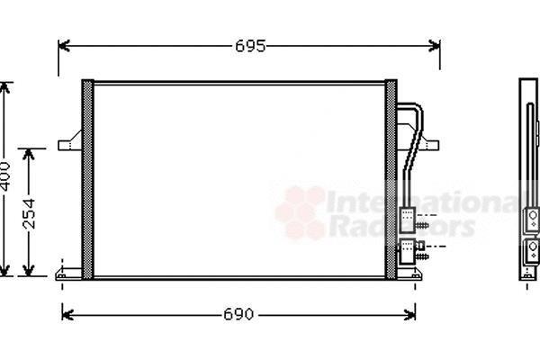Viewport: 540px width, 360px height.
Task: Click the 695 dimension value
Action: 250,46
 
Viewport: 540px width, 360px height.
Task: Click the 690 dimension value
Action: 238,314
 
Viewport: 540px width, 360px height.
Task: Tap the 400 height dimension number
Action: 5,176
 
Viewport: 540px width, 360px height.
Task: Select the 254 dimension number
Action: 29,214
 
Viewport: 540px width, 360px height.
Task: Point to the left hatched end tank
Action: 87,179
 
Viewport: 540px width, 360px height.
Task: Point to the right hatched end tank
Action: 391,179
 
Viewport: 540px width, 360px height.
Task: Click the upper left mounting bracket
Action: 70,141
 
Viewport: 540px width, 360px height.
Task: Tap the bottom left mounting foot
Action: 68,274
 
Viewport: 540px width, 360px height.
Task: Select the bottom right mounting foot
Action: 409,274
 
